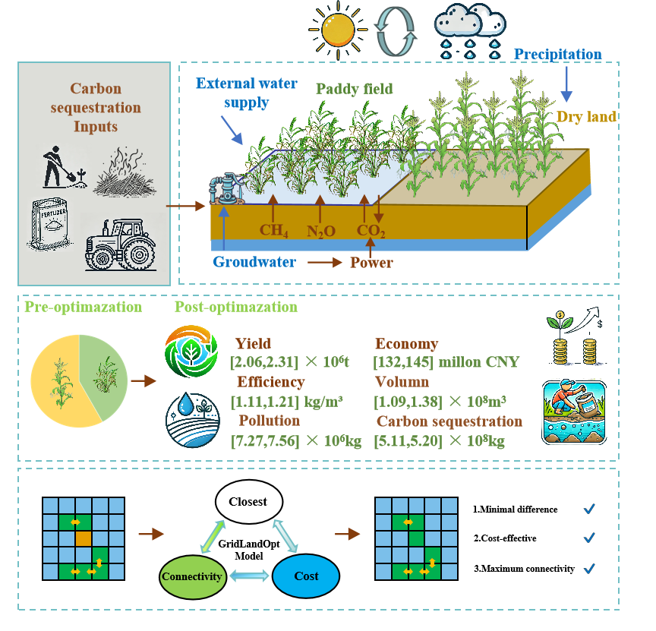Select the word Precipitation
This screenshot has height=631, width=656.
coord(557,55)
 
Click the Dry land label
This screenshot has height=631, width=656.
coord(586,117)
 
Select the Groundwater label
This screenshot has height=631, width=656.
coord(254,263)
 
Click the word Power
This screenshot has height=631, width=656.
coord(371,263)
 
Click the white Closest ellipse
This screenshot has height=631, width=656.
coord(248,502)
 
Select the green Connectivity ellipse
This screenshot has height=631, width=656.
coord(192,576)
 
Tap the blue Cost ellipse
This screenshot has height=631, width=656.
coord(306,576)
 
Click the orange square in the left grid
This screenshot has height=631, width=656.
coord(83,538)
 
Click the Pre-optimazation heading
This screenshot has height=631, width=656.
coord(83,308)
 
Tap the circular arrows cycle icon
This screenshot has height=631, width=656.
coord(398,31)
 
